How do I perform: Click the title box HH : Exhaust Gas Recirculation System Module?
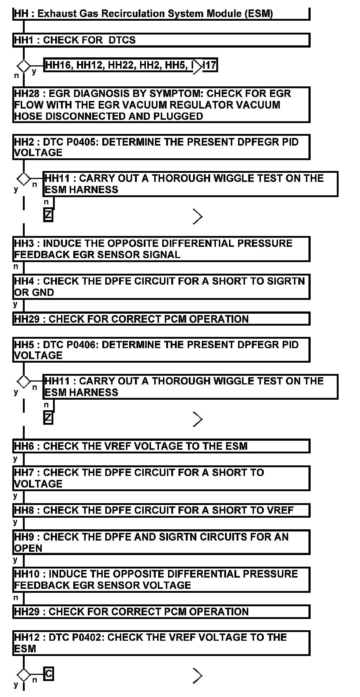[161, 14]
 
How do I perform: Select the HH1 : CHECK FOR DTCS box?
[161, 40]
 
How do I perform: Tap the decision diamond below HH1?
[24, 66]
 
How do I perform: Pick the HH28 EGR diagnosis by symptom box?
[161, 105]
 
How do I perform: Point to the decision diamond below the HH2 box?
[24, 179]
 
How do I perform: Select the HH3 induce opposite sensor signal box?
[161, 249]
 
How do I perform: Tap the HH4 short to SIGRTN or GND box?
[161, 287]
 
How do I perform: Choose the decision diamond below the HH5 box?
[24, 381]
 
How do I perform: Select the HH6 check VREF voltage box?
[161, 446]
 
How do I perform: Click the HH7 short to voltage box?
[161, 478]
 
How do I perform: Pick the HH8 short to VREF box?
[161, 510]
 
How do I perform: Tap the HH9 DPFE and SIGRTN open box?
[161, 542]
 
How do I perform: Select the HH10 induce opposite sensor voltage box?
[161, 580]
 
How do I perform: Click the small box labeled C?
[49, 674]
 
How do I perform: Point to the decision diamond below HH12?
[24, 675]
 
